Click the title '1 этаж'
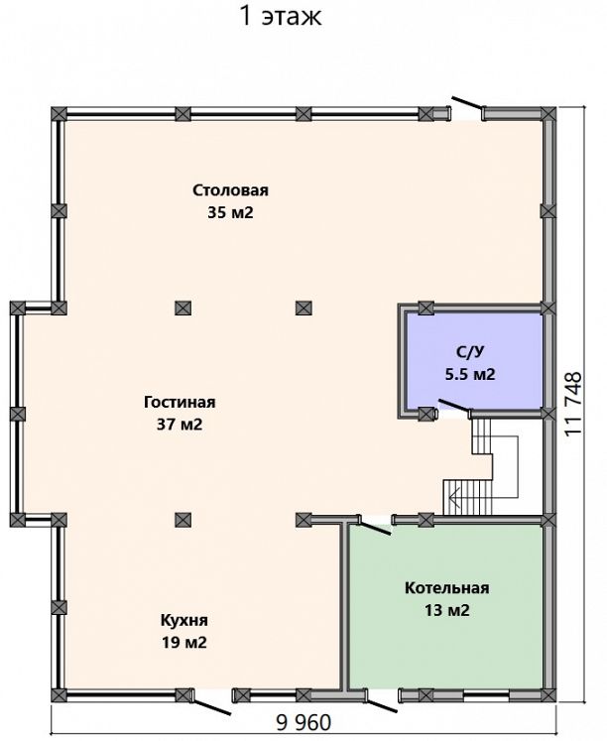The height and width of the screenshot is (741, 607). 281,16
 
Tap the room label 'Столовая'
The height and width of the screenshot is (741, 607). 230,190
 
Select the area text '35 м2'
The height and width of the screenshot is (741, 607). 230,212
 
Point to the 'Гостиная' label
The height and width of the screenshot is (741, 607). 180,402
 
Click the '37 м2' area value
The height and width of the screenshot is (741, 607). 180,425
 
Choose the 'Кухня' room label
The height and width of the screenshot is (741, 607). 184,620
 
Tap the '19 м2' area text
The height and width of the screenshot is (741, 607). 184,642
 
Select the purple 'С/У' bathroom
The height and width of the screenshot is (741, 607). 474,359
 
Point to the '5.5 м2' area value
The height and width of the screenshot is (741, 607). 470,374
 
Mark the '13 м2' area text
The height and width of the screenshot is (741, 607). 447,611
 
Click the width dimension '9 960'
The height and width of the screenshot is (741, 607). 303,722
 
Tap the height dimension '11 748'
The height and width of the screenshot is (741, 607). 573,405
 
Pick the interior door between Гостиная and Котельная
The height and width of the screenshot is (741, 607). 374,526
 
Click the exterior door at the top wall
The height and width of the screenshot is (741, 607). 468,105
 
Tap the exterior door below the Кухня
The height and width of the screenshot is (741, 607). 211,704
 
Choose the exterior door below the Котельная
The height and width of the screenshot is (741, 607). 382,703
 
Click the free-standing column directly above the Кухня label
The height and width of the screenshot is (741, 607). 182,520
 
